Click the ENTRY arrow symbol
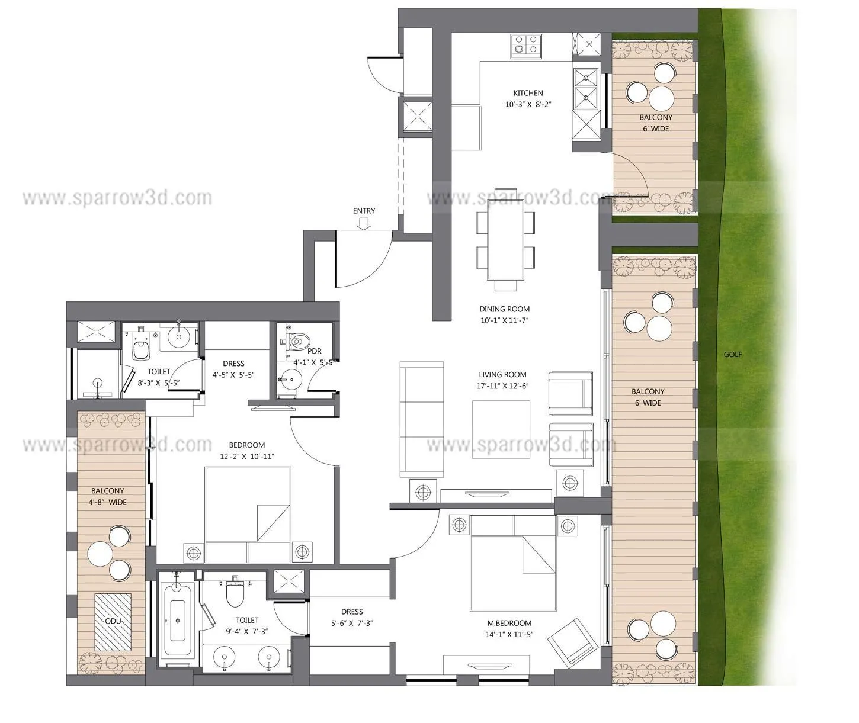point(364,223)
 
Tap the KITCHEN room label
point(528,93)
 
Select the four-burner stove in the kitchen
point(527,46)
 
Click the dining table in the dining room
point(506,239)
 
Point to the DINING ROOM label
point(505,309)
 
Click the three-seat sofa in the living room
point(422,419)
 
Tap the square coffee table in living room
point(501,429)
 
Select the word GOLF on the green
point(732,355)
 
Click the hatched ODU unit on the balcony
point(113,621)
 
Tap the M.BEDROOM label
point(509,623)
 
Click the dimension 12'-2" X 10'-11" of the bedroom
point(247,456)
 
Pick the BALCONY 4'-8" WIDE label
point(108,496)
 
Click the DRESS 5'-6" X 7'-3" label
point(352,617)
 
